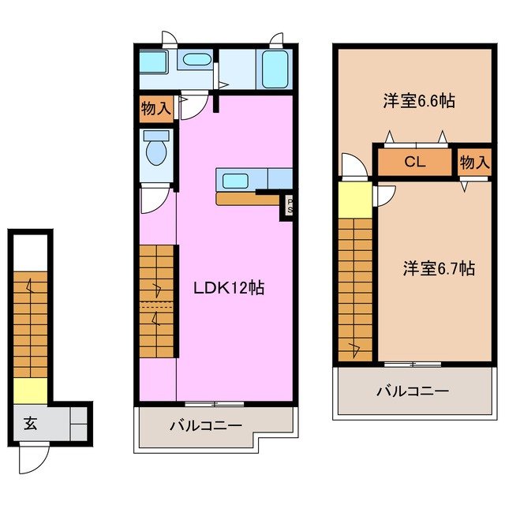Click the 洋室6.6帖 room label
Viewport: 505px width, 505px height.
coord(410,101)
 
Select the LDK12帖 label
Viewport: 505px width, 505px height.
coord(229,288)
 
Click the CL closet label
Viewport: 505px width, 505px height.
coord(415,163)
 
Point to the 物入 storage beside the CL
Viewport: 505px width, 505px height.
coord(473,163)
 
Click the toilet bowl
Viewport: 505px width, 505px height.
coord(156,154)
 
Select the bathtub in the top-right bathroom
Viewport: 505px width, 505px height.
coord(275,69)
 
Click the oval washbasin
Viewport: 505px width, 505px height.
coord(193,58)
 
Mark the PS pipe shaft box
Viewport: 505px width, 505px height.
coord(290,207)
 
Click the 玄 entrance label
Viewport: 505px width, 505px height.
coord(29,423)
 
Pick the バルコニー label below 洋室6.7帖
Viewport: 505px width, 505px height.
coord(412,391)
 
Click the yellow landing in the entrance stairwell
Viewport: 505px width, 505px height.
coord(31,390)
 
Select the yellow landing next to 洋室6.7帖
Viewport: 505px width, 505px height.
coord(354,199)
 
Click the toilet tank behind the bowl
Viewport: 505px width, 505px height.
coord(155,137)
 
